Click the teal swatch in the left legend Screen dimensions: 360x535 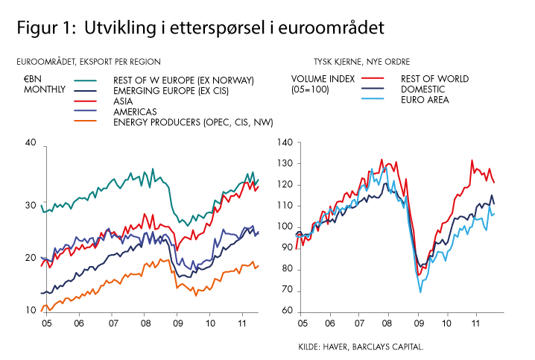pyautogui.click(x=85, y=80)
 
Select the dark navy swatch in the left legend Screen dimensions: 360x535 pyautogui.click(x=85, y=90)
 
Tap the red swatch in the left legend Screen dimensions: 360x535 pyautogui.click(x=85, y=101)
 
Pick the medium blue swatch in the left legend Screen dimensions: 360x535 pyautogui.click(x=85, y=110)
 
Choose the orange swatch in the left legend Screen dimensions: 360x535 pyautogui.click(x=85, y=120)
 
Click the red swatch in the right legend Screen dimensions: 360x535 pyautogui.click(x=373, y=78)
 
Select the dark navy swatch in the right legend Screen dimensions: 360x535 pyautogui.click(x=373, y=88)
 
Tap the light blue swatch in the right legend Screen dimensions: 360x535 pyautogui.click(x=373, y=98)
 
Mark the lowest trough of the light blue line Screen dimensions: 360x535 pyautogui.click(x=420, y=291)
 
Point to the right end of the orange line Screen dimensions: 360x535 pyautogui.click(x=259, y=265)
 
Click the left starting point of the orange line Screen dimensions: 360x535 pyautogui.click(x=41, y=310)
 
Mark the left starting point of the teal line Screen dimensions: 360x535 pyautogui.click(x=41, y=205)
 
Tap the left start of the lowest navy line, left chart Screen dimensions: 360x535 pyautogui.click(x=41, y=294)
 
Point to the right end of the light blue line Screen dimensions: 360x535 pyautogui.click(x=493, y=215)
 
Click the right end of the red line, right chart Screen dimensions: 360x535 pyautogui.click(x=493, y=181)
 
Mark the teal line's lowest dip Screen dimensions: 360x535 pyautogui.click(x=184, y=224)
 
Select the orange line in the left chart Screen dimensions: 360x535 pyautogui.click(x=127, y=277)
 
